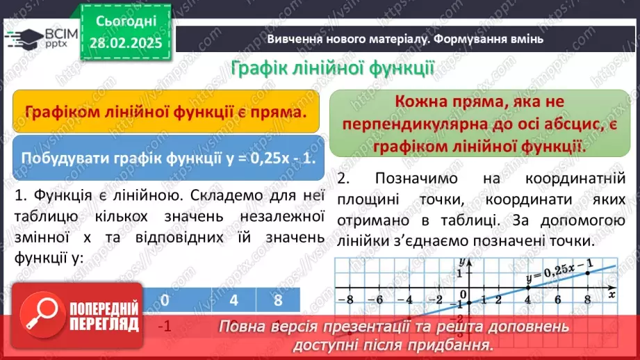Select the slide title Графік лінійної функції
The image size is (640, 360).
coord(332,69)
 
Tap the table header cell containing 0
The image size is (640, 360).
coord(165,301)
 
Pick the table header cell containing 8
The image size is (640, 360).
coord(278,301)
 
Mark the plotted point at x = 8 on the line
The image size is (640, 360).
coord(587,273)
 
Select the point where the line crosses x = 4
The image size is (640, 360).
coord(527,288)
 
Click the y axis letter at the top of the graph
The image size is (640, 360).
coord(461,262)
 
